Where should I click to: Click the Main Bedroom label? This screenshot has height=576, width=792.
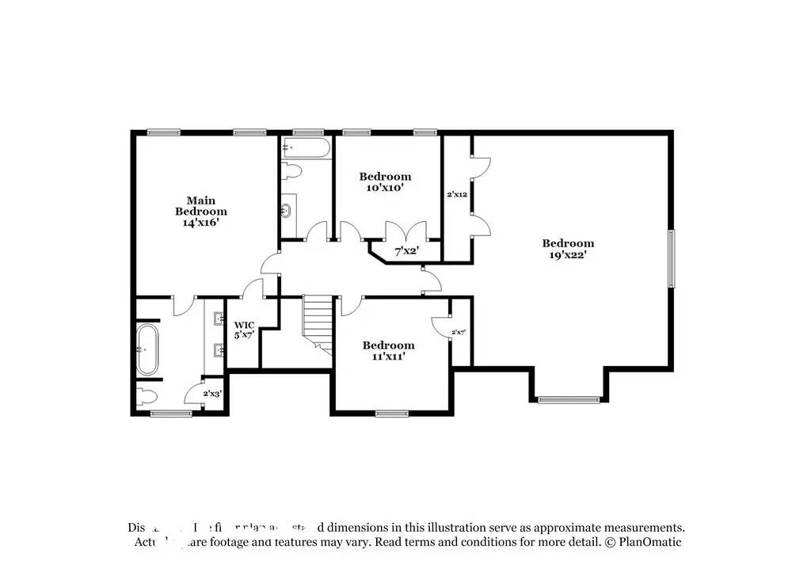[x=200, y=206]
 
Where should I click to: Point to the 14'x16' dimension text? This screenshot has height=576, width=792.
[x=200, y=223]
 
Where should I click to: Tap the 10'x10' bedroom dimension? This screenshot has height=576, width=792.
[x=385, y=188]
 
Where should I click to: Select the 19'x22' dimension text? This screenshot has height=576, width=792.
[x=568, y=255]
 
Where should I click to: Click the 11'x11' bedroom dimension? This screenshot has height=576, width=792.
[x=388, y=357]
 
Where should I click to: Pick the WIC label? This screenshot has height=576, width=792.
[x=243, y=325]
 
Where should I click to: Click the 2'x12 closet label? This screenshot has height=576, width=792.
[x=457, y=194]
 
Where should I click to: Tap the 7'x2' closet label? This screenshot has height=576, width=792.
[x=406, y=251]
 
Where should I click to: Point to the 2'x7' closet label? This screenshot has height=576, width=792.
[x=458, y=332]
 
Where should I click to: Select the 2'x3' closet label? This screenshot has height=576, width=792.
[x=212, y=393]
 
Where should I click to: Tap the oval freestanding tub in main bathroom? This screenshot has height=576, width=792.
[x=147, y=349]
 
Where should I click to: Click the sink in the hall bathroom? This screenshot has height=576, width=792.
[x=287, y=211]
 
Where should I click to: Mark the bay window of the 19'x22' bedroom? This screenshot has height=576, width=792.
[x=569, y=399]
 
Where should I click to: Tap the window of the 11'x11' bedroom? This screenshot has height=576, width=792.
[x=391, y=413]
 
